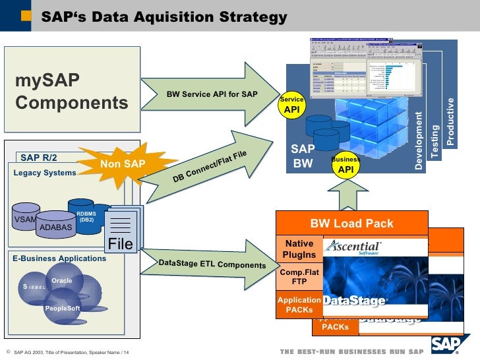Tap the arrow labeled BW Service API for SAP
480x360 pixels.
pyautogui.click(x=211, y=94)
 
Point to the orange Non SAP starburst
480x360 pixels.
pyautogui.click(x=123, y=164)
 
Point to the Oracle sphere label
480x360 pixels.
pyautogui.click(x=62, y=280)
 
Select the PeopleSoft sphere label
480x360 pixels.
pyautogui.click(x=62, y=308)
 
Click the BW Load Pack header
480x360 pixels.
pyautogui.click(x=351, y=224)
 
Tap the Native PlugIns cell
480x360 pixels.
pyautogui.click(x=299, y=250)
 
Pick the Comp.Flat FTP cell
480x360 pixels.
pyautogui.click(x=299, y=276)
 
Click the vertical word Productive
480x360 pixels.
pyautogui.click(x=451, y=121)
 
